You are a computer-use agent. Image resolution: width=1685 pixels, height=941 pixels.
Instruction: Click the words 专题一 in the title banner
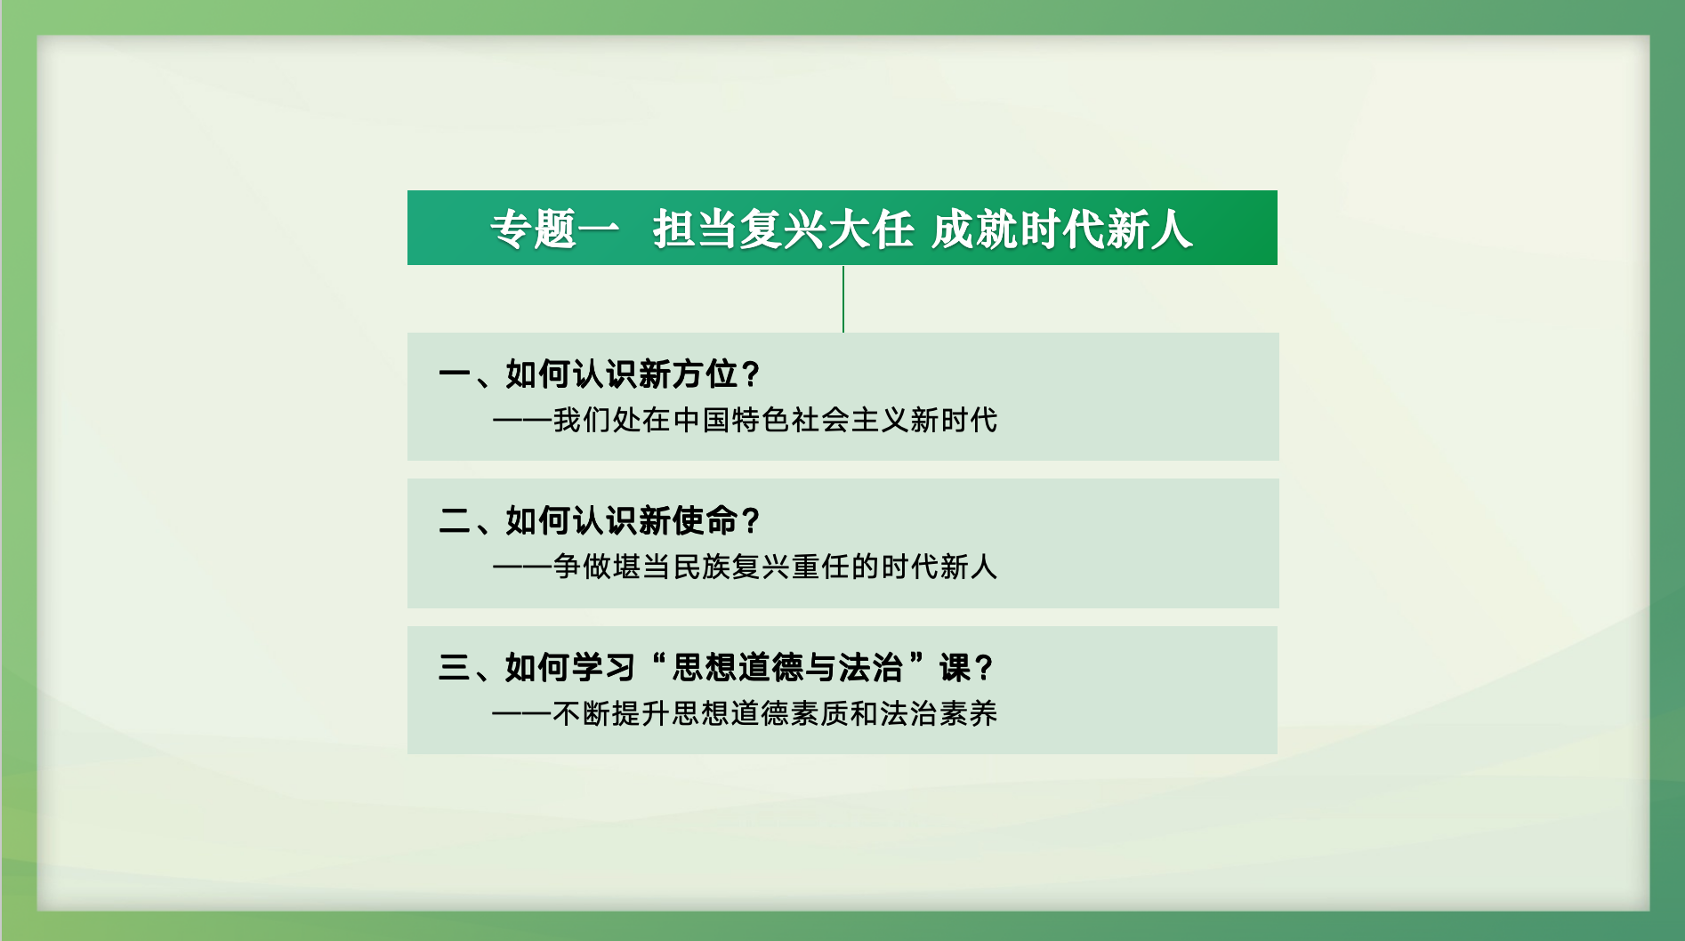(554, 229)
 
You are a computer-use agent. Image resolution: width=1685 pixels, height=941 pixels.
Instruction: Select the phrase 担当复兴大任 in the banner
(783, 229)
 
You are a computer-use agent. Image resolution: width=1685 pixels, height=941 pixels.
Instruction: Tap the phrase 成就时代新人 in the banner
(1060, 229)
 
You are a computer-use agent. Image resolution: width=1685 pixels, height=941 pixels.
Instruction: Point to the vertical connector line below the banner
(843, 299)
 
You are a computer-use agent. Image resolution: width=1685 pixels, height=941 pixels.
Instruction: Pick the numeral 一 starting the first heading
(455, 374)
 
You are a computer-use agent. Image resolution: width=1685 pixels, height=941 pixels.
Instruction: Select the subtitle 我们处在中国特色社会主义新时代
(775, 420)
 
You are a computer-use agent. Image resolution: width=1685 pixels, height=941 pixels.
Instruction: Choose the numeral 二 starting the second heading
(455, 521)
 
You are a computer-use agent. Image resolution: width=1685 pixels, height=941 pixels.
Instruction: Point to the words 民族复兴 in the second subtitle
(731, 567)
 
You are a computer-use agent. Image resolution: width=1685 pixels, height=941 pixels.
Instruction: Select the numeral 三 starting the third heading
(455, 668)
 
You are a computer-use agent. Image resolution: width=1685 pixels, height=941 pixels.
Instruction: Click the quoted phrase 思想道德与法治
(787, 668)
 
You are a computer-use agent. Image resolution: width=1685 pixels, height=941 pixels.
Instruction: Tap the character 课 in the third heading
(955, 668)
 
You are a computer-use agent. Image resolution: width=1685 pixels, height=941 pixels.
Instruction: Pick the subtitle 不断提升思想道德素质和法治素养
(775, 713)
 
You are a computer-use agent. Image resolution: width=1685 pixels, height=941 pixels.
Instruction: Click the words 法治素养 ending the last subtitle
(939, 713)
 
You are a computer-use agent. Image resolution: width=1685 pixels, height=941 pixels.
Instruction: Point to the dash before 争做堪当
(522, 567)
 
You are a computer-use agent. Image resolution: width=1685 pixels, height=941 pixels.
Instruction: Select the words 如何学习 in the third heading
(570, 668)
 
